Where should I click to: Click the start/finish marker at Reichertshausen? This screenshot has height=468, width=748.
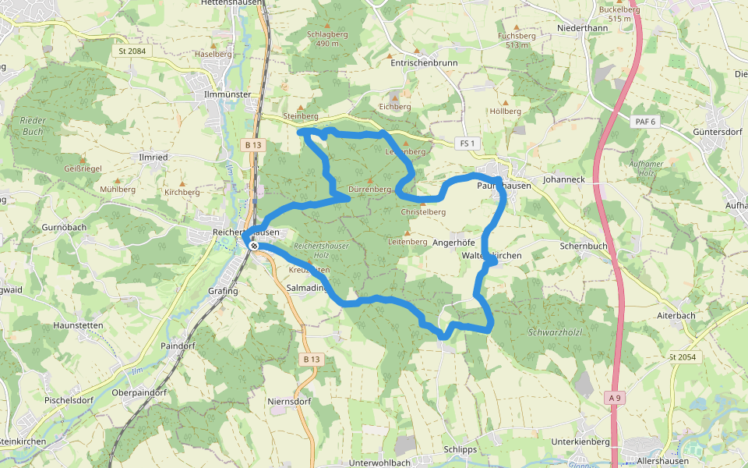click(254, 246)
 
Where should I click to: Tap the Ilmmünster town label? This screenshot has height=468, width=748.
click(226, 94)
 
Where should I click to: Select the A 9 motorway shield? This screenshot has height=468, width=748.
click(616, 399)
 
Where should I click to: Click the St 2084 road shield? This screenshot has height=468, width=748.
click(132, 51)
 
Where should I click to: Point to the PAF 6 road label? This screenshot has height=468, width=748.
click(646, 122)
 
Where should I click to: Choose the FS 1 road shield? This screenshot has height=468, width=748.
click(467, 144)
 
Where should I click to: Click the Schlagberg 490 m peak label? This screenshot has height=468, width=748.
click(327, 39)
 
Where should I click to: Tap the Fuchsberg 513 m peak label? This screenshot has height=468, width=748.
click(517, 41)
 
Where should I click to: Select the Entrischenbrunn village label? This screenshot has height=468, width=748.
click(424, 64)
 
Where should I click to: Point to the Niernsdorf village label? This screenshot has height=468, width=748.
click(289, 402)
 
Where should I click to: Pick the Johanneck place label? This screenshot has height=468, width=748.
click(563, 179)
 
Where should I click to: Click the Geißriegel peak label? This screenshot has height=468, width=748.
click(81, 168)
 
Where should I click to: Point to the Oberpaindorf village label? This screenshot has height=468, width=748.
click(141, 393)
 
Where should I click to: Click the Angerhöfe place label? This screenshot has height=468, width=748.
click(453, 243)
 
